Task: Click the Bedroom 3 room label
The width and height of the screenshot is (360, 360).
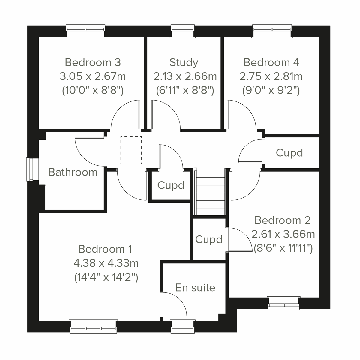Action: coord(93,62)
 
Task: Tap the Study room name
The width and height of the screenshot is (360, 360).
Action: coord(184,62)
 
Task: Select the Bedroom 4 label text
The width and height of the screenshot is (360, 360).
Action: coord(271,62)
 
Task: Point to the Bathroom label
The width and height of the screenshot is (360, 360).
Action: coord(73,172)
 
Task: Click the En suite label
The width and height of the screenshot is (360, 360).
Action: coord(195,288)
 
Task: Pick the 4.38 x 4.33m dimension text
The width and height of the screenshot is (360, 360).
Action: coord(106,263)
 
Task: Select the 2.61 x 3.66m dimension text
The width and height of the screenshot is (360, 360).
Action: coord(283,234)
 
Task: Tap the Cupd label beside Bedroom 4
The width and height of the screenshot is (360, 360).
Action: coord(289,153)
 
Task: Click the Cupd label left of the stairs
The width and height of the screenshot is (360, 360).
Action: coord(171,185)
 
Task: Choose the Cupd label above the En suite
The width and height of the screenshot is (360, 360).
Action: coord(209,239)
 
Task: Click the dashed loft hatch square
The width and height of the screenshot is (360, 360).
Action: coord(131,150)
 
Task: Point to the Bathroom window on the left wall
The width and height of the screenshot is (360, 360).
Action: coord(30,169)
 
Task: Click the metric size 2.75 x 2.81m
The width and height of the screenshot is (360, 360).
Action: coord(271,76)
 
